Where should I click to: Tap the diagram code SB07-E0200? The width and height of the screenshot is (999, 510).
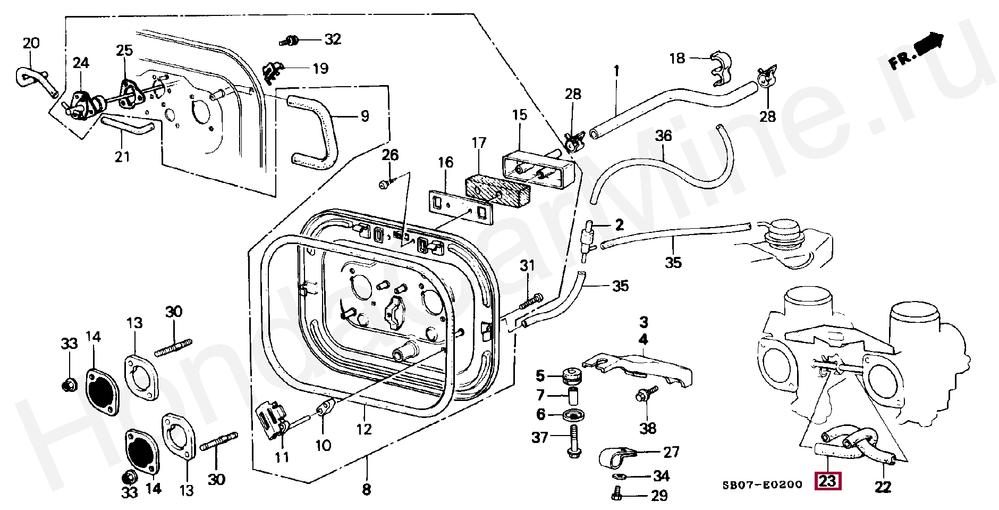click(x=762, y=484)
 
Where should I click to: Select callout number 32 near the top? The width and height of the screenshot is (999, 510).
click(x=333, y=39)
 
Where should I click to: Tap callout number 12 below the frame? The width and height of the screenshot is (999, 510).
click(x=364, y=429)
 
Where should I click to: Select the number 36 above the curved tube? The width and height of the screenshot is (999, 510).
click(x=663, y=136)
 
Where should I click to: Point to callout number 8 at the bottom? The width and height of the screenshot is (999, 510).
click(x=366, y=489)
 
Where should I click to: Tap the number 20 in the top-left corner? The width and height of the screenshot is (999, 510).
click(x=31, y=43)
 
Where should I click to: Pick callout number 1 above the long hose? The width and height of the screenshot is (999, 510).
click(x=616, y=70)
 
